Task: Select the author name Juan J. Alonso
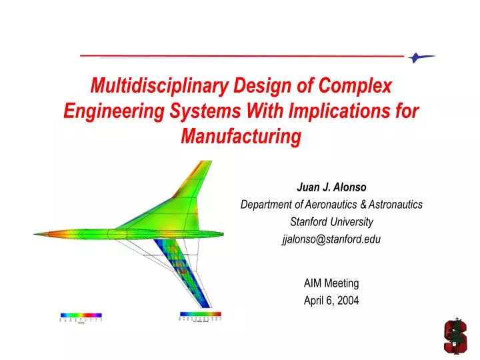pyautogui.click(x=331, y=187)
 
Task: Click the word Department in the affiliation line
pyautogui.click(x=269, y=205)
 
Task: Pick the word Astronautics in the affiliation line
pyautogui.click(x=394, y=205)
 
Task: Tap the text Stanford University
pyautogui.click(x=331, y=222)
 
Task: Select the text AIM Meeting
pyautogui.click(x=331, y=283)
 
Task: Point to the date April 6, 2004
pyautogui.click(x=331, y=300)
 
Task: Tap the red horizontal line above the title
pyautogui.click(x=240, y=57)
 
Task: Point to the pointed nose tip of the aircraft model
pyautogui.click(x=37, y=234)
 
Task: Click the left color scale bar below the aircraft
pyautogui.click(x=81, y=315)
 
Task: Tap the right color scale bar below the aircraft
pyautogui.click(x=201, y=313)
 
